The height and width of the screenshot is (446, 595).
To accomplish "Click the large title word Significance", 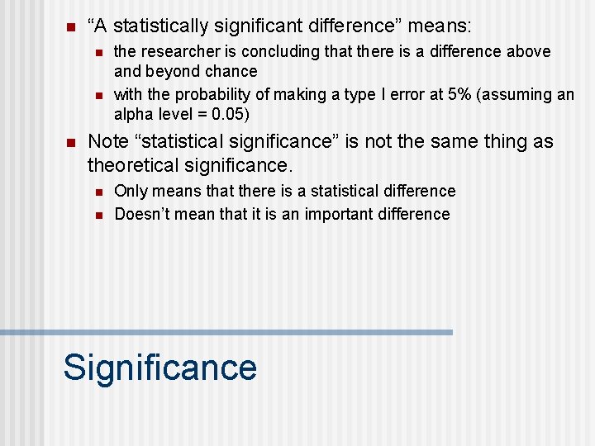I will [159, 367].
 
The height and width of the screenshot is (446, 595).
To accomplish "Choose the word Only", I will [131, 191].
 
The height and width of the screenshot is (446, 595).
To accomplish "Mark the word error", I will [400, 94].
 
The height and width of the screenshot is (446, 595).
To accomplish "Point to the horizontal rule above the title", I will [226, 332].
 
